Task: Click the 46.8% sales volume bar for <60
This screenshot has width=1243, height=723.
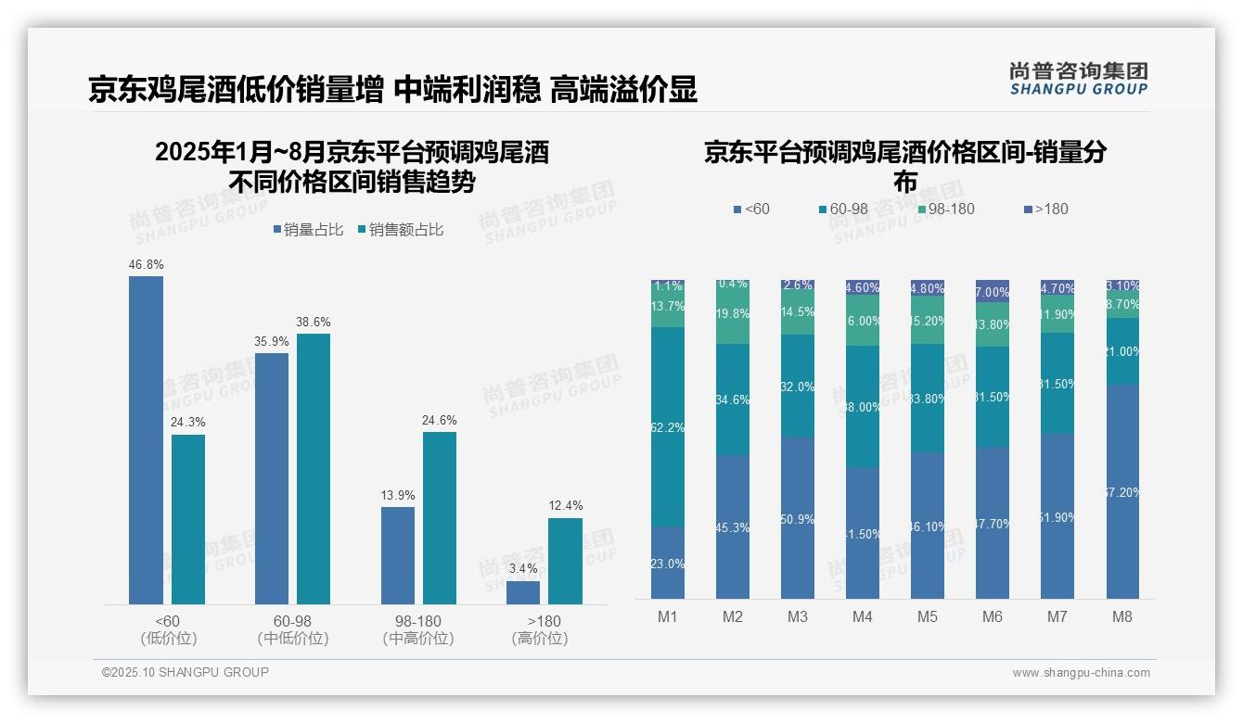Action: pyautogui.click(x=146, y=440)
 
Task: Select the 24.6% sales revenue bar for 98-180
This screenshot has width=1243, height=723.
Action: pyautogui.click(x=440, y=518)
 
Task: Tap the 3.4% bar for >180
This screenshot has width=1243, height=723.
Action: pyautogui.click(x=523, y=592)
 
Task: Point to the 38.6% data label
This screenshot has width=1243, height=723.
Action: pyautogui.click(x=314, y=323)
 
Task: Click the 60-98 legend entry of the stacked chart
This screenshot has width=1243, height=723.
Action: pyautogui.click(x=843, y=209)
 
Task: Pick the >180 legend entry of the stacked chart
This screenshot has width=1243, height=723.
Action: pyautogui.click(x=1045, y=209)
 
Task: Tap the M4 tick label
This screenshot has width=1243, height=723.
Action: pyautogui.click(x=863, y=617)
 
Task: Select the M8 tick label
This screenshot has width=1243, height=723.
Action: pyautogui.click(x=1122, y=617)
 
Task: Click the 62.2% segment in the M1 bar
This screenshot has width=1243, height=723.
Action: pyautogui.click(x=668, y=427)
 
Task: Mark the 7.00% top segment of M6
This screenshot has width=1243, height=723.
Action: pyautogui.click(x=993, y=291)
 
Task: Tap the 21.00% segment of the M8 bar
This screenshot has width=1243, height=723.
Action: pyautogui.click(x=1122, y=351)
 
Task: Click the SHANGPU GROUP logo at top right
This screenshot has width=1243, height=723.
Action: pyautogui.click(x=1078, y=79)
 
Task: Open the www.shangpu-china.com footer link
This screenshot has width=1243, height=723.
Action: pyautogui.click(x=1081, y=673)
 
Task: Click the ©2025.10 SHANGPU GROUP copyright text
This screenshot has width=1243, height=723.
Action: pyautogui.click(x=186, y=673)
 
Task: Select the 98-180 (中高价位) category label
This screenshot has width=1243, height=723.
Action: pyautogui.click(x=418, y=629)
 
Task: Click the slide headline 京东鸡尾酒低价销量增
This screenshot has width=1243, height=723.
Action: pyautogui.click(x=237, y=90)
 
